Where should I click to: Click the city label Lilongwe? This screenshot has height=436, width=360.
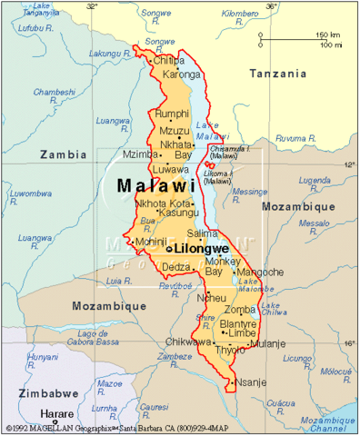pos(228,247)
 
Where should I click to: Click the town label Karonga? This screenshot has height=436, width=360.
pos(181,74)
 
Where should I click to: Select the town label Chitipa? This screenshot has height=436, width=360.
pos(170,61)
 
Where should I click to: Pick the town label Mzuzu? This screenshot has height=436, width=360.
pos(174,130)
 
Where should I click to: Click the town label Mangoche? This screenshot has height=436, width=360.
pos(263,272)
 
